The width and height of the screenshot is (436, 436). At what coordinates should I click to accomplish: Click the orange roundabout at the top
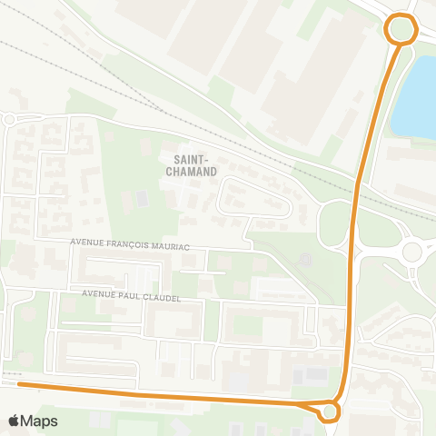coord(400,28)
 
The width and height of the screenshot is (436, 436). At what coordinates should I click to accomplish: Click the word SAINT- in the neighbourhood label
coord(191,158)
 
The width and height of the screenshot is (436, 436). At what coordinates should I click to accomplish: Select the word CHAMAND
coord(191,171)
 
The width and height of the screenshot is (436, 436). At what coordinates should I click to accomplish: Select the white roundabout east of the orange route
coord(413,250)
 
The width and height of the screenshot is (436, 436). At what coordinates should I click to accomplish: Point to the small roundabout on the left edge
coord(8,119)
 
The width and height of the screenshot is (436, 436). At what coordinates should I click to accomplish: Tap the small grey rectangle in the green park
coord(141,197)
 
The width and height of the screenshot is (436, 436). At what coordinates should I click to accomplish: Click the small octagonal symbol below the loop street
coord(305,258)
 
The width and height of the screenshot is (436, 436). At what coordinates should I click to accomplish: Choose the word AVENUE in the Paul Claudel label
coord(97,295)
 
